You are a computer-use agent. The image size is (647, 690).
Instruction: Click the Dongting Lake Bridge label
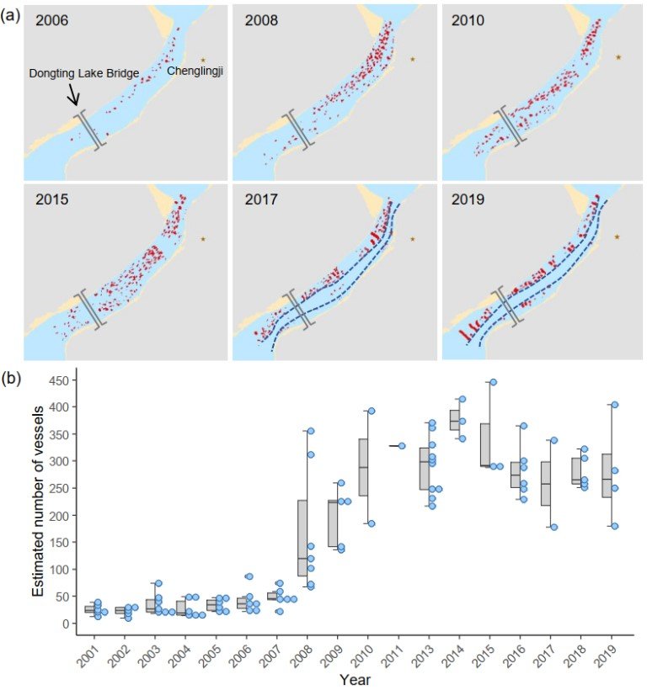pos(84,73)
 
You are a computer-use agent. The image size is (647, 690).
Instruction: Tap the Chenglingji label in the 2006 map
pos(195,71)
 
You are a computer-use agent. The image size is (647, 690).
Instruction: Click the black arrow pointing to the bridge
pos(73,94)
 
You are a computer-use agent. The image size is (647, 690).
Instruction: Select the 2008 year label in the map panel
pos(261,20)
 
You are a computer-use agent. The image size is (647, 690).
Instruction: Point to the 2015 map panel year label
pos(52,199)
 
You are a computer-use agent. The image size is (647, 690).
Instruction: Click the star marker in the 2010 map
pos(618,56)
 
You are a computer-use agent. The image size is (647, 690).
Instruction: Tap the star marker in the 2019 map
pos(617,236)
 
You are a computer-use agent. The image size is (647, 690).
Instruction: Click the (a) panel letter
pos(11,16)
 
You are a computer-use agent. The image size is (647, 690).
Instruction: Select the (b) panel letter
pos(11,379)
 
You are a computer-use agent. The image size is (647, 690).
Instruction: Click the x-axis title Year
pos(355,680)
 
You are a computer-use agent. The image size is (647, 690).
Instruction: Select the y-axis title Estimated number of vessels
pos(38,502)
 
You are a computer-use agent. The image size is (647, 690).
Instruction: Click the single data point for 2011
pos(402,446)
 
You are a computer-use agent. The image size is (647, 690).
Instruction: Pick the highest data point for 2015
pos(494,382)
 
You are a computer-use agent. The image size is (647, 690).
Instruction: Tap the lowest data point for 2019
pos(615,526)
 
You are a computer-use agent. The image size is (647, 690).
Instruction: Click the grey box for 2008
pos(302,539)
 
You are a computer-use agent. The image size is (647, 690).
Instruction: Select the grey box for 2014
pos(455,420)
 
